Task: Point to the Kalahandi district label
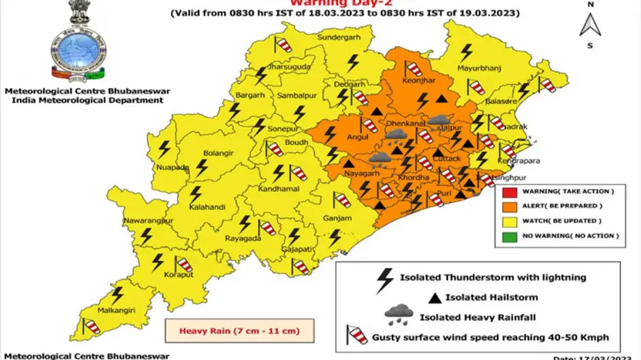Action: tap(207, 207)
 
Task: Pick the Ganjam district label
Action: tap(338, 218)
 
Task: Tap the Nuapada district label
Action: tap(172, 167)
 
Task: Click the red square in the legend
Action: tap(509, 191)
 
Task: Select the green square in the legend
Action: tap(509, 235)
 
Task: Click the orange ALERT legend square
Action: tap(509, 206)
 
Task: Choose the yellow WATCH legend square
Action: tap(509, 221)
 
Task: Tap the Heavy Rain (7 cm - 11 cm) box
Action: tap(239, 331)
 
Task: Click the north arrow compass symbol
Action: tap(590, 25)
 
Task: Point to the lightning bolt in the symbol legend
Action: tap(385, 280)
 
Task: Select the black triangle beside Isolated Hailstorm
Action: tap(435, 298)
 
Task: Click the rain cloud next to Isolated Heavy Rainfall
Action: tap(399, 315)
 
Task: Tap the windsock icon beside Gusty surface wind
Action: tap(357, 335)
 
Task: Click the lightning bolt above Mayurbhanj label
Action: tap(466, 52)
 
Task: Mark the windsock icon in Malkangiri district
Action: tap(92, 327)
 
